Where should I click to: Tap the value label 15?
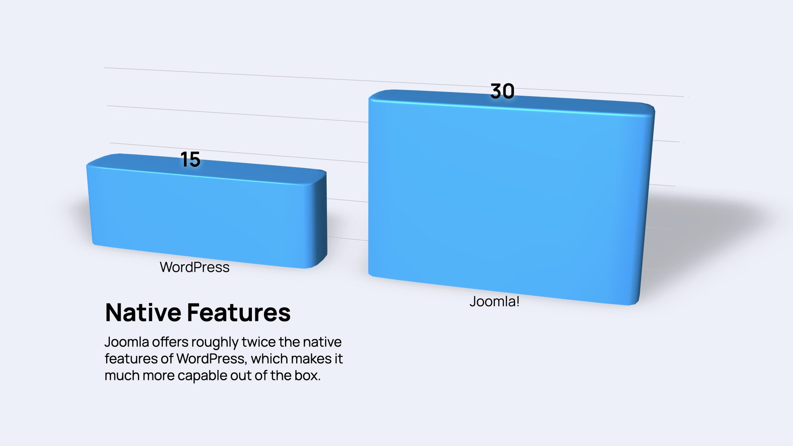[190, 159]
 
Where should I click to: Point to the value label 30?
[502, 91]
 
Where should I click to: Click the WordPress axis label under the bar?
[195, 267]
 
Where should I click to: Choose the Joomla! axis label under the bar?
[494, 301]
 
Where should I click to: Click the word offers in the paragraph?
[170, 342]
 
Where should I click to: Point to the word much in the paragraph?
[119, 376]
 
